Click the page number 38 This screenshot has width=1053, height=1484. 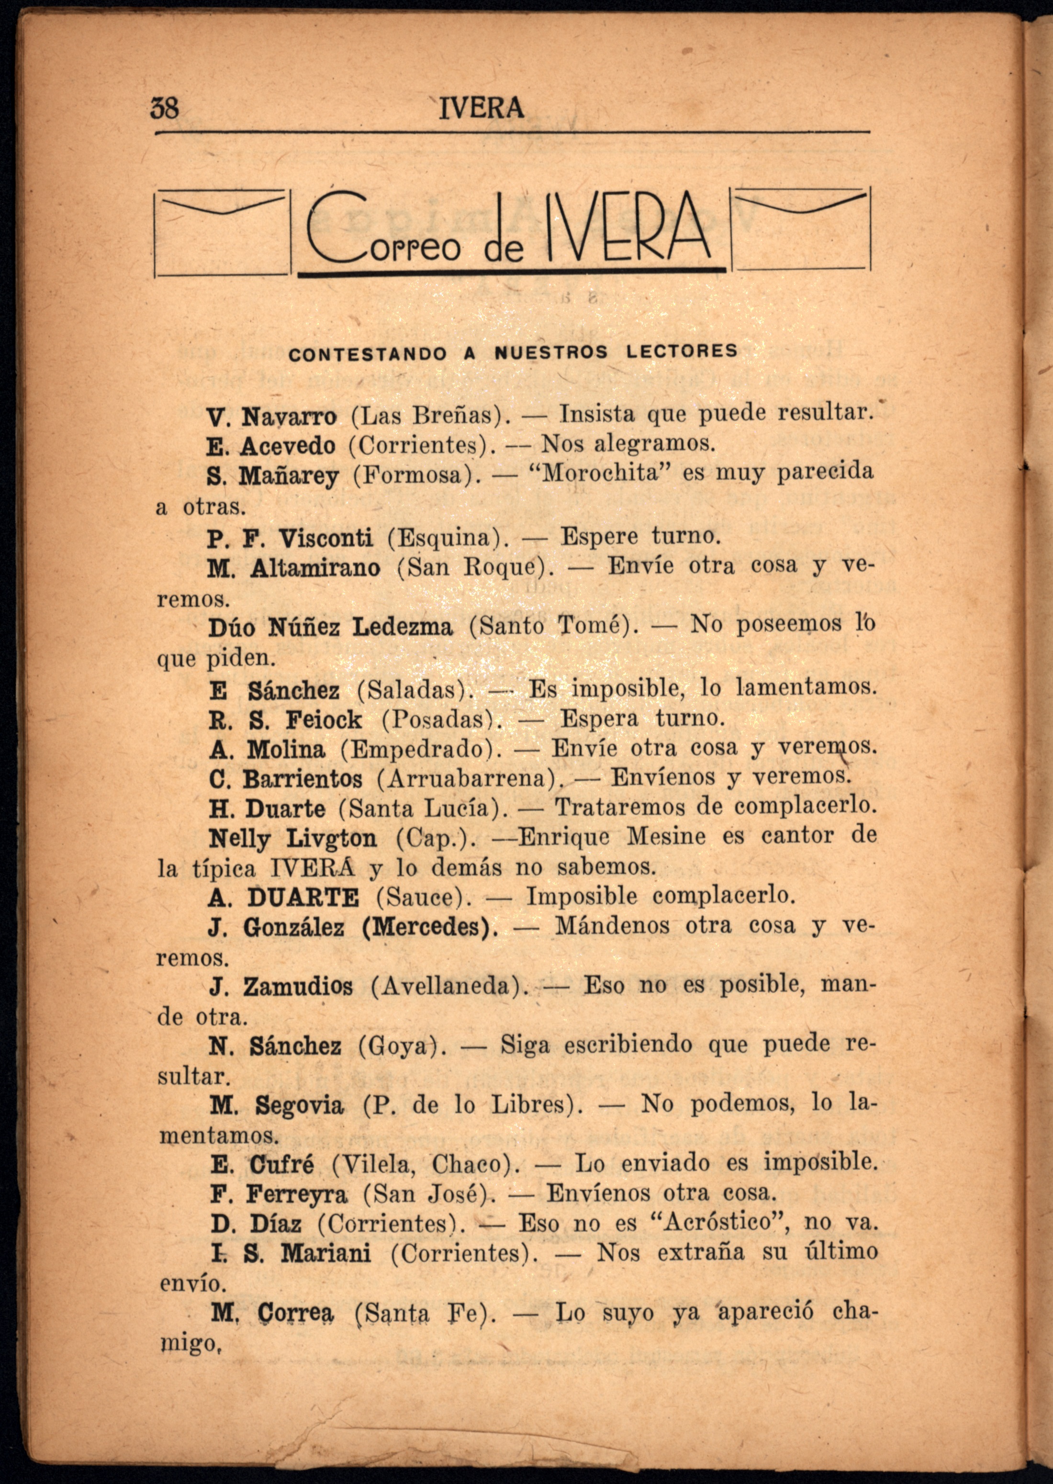165,108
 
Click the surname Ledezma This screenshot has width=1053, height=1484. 402,628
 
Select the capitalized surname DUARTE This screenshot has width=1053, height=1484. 303,898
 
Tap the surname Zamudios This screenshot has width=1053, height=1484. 298,988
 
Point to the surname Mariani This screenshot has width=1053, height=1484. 325,1253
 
